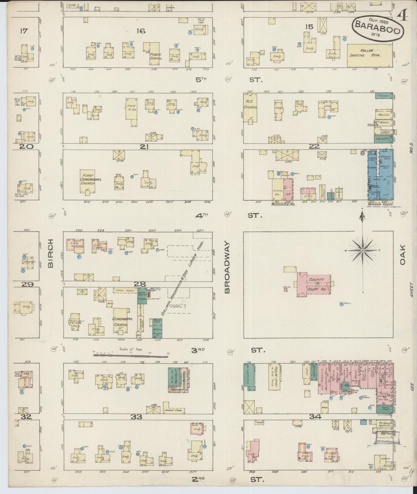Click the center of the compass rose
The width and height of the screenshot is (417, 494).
pos(363,250)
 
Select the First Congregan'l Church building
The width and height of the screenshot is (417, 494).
pos(88,181)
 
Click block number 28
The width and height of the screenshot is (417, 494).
pos(140,284)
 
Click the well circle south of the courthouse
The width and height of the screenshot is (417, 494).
pos(341,304)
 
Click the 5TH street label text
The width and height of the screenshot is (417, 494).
pos(201,80)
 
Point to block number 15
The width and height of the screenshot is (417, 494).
pos(309,27)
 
